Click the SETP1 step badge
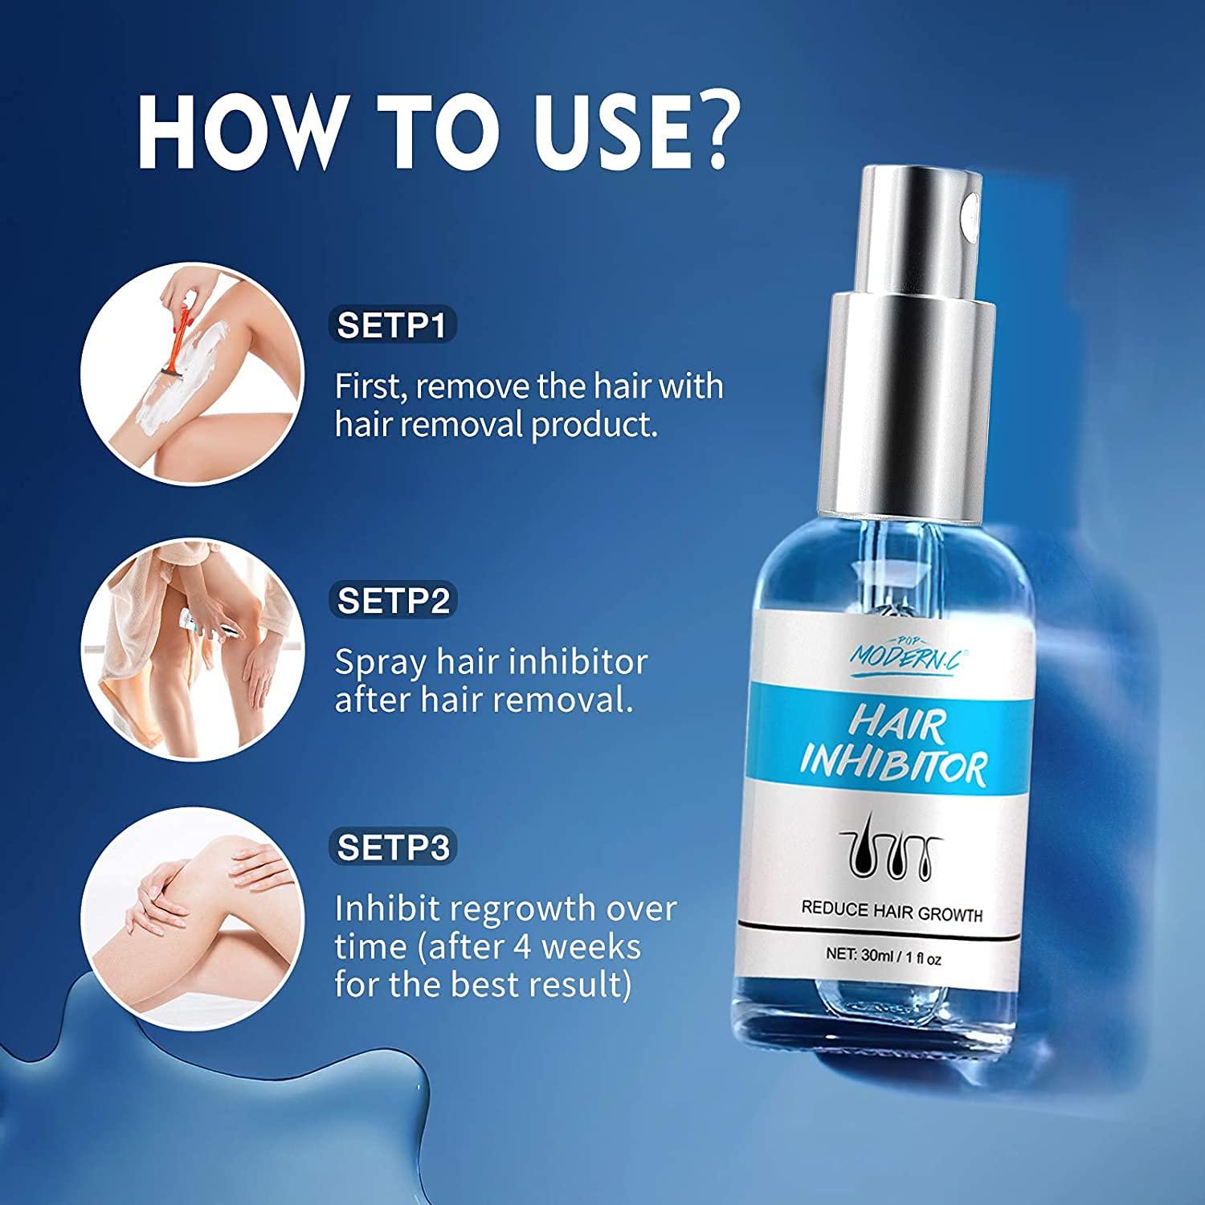tap(392, 325)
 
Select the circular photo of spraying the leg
tap(194, 649)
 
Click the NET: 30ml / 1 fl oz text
tap(884, 958)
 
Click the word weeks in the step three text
tap(590, 947)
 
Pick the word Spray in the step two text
tap(380, 664)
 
